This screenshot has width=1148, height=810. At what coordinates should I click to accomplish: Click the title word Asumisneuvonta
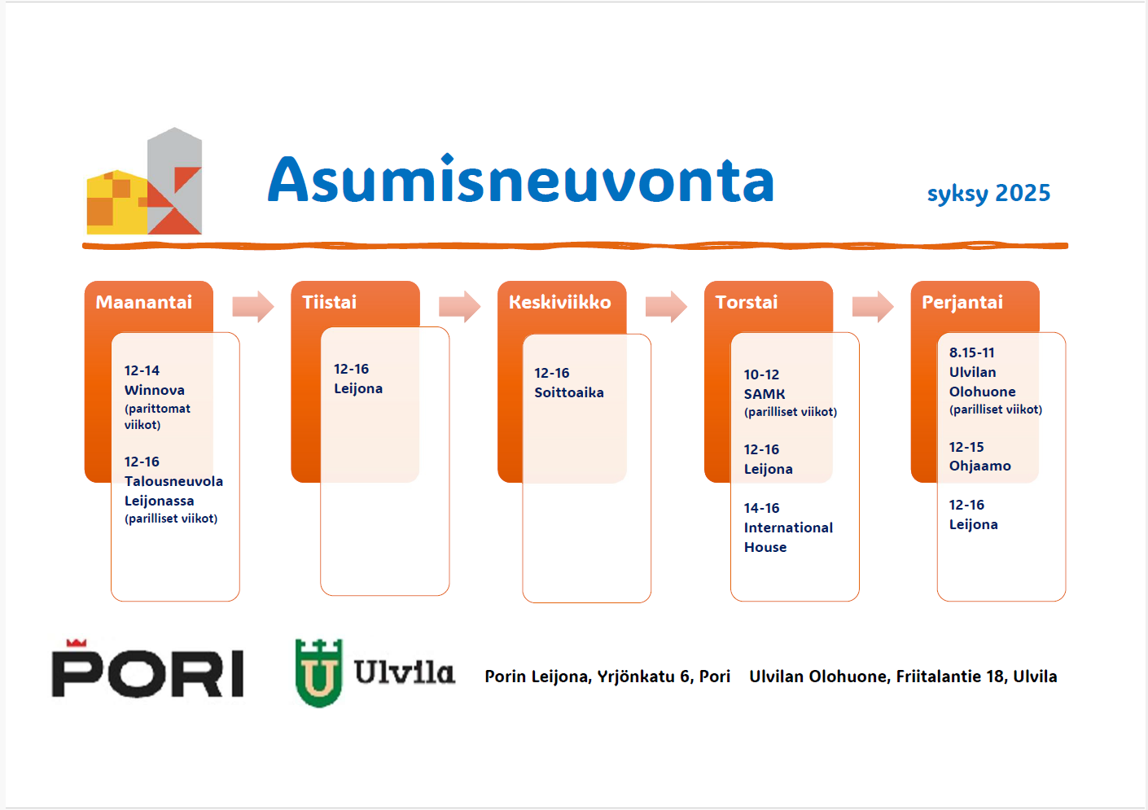point(521,179)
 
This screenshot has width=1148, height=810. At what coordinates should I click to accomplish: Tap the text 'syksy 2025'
point(988,193)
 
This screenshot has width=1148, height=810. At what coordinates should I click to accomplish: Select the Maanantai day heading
point(144,302)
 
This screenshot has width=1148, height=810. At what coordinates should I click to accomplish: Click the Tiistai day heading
point(329,302)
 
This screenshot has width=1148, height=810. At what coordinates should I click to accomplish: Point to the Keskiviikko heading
point(559,302)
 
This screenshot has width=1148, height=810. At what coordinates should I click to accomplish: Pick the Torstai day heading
point(746,302)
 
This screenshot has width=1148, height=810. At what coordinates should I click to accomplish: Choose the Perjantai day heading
point(962,303)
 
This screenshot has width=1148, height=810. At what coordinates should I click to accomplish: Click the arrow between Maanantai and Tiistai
point(253,306)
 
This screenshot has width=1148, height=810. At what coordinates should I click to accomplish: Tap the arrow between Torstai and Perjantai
point(873,306)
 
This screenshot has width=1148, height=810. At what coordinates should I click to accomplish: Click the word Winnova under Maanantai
point(154,390)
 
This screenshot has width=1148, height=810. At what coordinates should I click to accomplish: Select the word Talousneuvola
point(173,481)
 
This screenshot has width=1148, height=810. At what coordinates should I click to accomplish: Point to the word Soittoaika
point(569,392)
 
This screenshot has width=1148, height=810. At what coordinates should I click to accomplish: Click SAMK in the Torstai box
point(765,394)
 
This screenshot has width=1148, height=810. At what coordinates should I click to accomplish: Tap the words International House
point(788,537)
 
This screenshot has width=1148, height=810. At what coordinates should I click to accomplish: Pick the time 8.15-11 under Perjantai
point(971,352)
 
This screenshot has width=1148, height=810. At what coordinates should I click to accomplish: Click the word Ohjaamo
point(980,466)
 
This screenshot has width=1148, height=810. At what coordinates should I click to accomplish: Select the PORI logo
point(147,668)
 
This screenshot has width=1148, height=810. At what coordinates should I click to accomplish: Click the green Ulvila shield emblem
point(318,672)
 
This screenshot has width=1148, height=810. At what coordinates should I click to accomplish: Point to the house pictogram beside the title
point(144,181)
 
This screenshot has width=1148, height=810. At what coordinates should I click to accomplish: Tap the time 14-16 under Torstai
point(761,508)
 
